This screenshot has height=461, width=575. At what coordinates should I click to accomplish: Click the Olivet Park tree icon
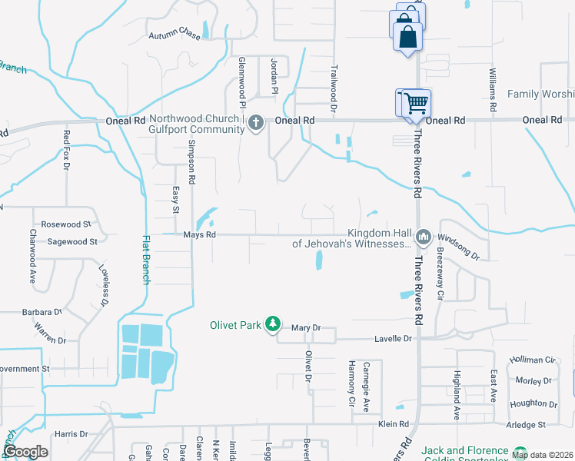pyautogui.click(x=271, y=324)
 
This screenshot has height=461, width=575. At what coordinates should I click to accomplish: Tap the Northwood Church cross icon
pyautogui.click(x=256, y=121)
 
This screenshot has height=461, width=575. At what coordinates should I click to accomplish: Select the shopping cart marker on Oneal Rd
pyautogui.click(x=414, y=102)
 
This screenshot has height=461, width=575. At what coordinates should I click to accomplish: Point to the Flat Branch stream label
pyautogui.click(x=145, y=260)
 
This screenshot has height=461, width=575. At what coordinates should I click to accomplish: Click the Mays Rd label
pyautogui.click(x=199, y=234)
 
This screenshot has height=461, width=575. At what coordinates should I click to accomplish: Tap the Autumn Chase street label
pyautogui.click(x=174, y=35)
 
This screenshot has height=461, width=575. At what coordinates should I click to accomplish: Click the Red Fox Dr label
pyautogui.click(x=66, y=151)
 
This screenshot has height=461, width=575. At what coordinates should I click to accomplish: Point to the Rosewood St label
pyautogui.click(x=66, y=224)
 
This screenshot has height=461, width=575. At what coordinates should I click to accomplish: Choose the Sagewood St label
pyautogui.click(x=72, y=241)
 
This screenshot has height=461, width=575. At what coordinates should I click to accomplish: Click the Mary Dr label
pyautogui.click(x=305, y=328)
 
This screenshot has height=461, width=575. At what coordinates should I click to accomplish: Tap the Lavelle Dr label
pyautogui.click(x=393, y=338)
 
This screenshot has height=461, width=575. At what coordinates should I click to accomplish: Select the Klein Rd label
pyautogui.click(x=393, y=423)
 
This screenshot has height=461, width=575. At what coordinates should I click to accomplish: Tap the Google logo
pyautogui.click(x=26, y=452)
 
